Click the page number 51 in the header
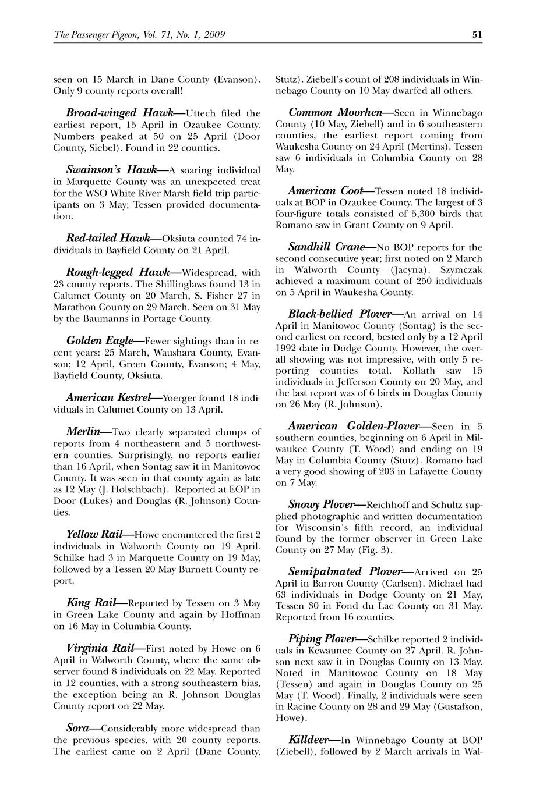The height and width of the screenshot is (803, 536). (477, 34)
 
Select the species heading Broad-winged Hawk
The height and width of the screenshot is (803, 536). (109, 113)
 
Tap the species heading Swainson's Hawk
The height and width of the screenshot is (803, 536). (111, 170)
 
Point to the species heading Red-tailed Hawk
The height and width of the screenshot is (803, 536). (108, 238)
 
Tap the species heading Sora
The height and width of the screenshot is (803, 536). (77, 728)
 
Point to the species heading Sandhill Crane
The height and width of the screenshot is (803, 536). (326, 247)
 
